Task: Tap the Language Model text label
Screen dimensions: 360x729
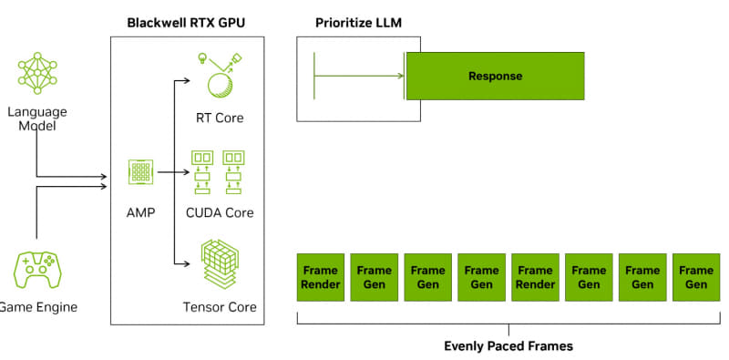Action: click(x=37, y=118)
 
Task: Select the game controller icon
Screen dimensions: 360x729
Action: click(x=36, y=270)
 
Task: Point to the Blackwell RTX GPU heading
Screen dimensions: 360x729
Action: click(x=187, y=21)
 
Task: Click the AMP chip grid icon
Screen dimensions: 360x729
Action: click(x=140, y=171)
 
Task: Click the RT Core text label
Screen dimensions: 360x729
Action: click(x=220, y=118)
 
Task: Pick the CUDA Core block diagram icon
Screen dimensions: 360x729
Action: click(x=220, y=172)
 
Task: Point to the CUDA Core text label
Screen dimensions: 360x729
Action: click(x=220, y=212)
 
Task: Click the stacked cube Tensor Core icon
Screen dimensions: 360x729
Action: click(x=220, y=263)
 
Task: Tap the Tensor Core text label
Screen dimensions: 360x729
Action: click(x=220, y=307)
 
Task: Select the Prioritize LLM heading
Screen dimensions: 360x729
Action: click(x=357, y=21)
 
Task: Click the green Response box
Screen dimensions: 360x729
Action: click(x=495, y=76)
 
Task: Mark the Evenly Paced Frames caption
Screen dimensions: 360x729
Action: click(x=508, y=346)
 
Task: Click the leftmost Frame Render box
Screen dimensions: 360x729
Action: click(x=321, y=277)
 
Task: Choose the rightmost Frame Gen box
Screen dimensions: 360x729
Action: click(x=696, y=277)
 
